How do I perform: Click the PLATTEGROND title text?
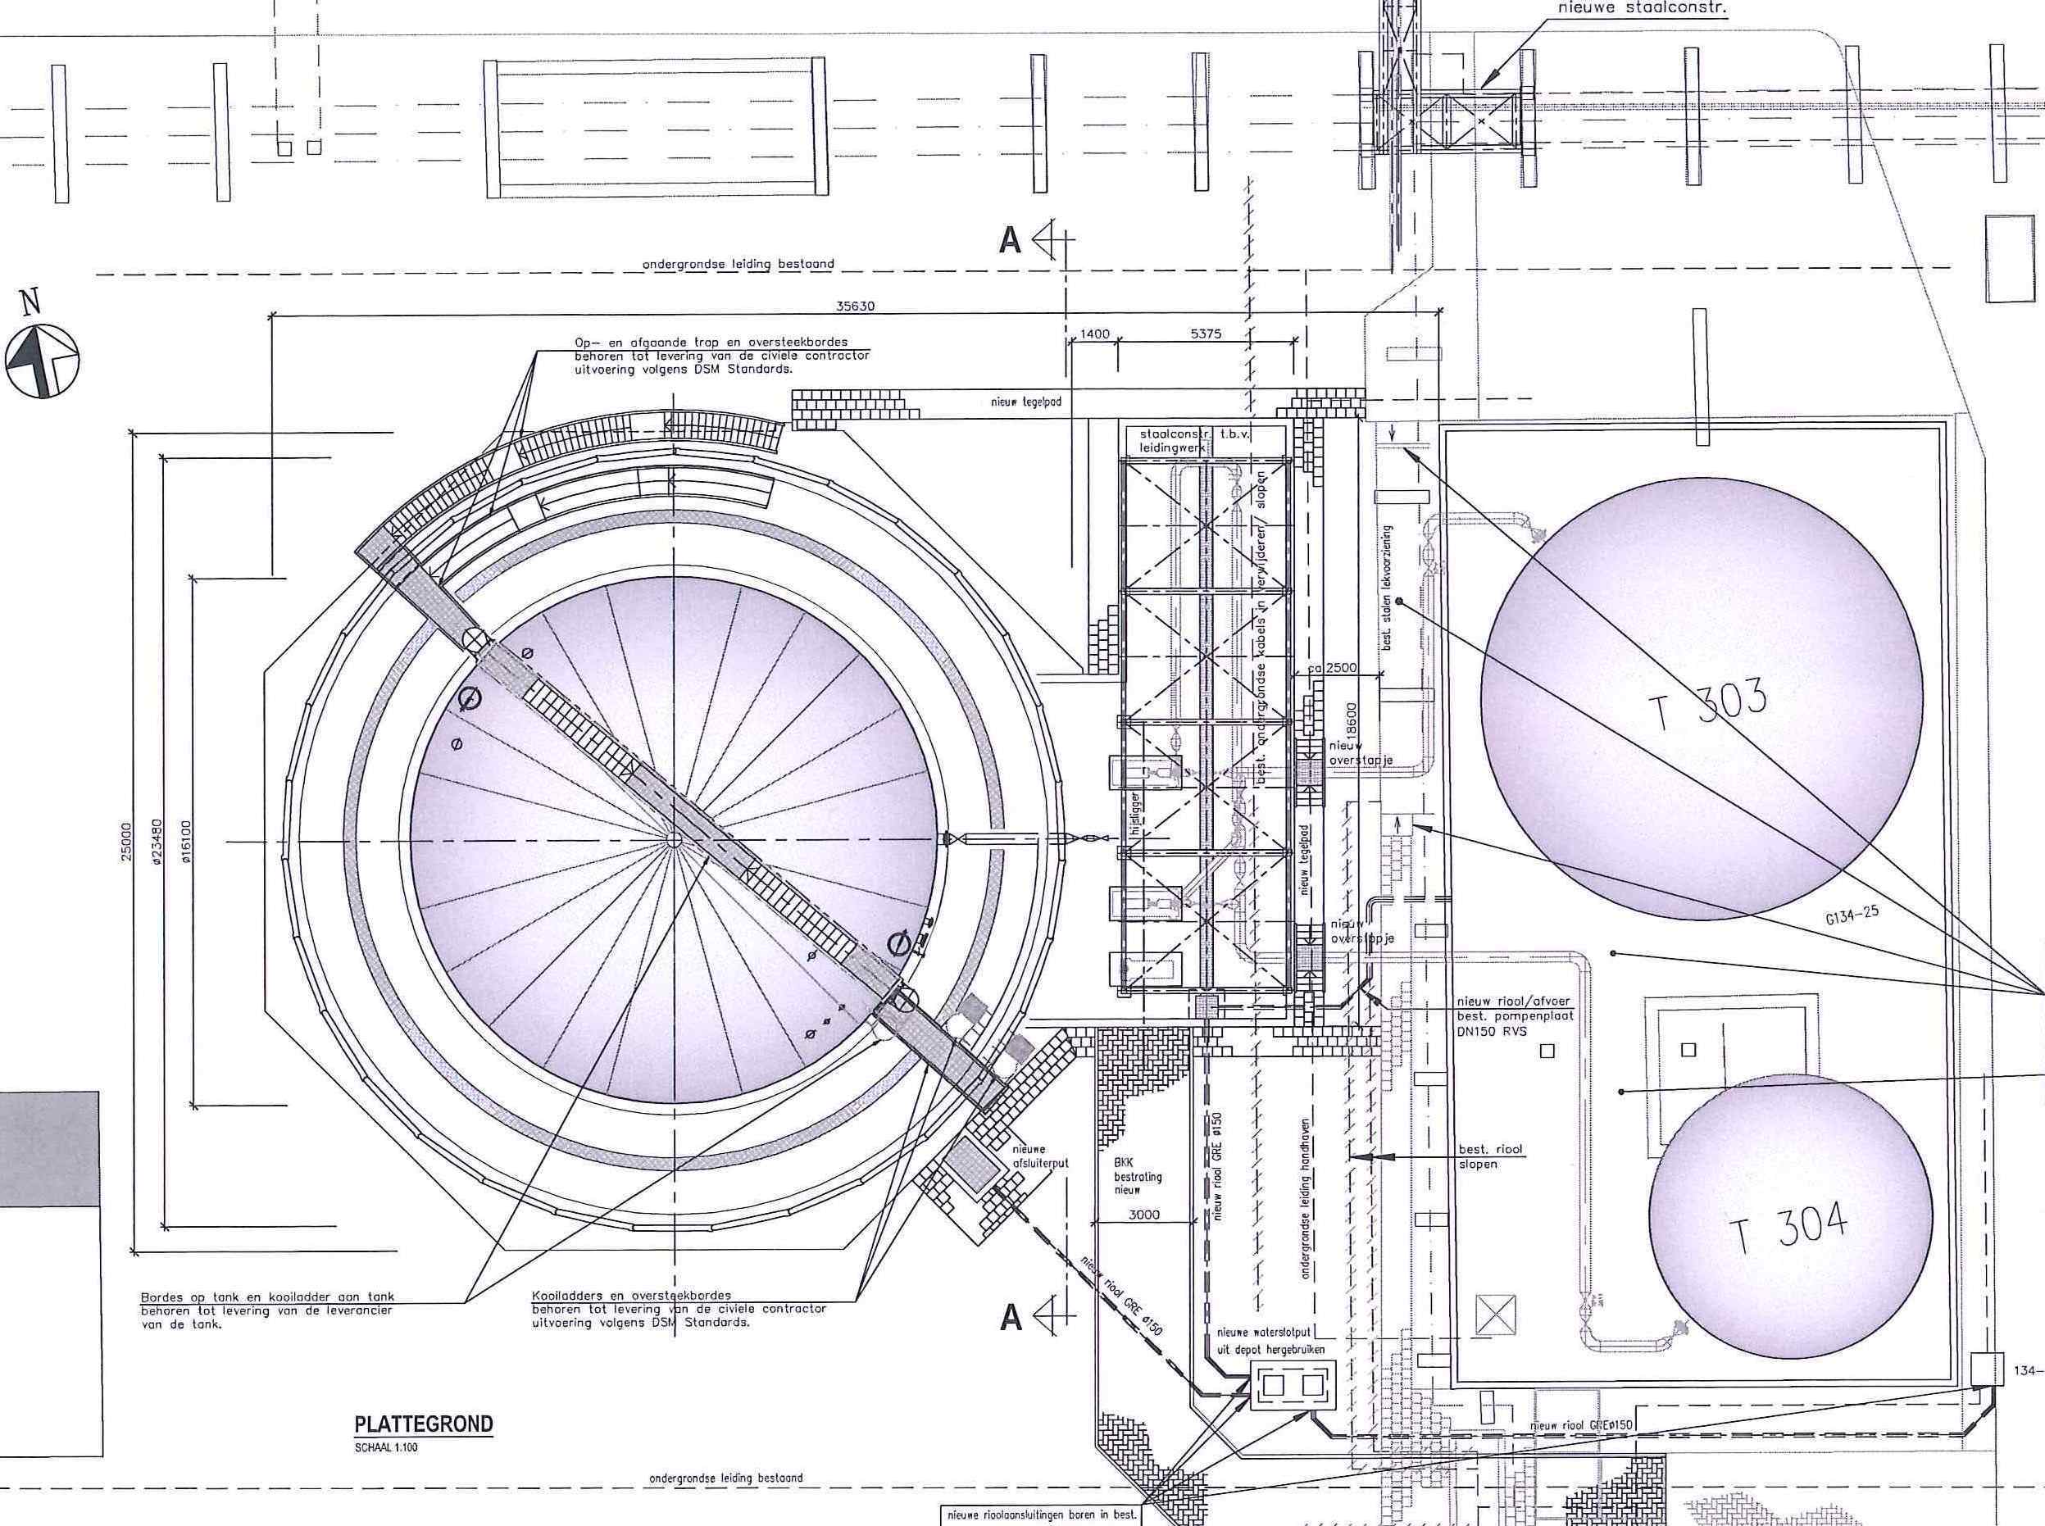424,1424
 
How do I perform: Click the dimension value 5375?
1206,334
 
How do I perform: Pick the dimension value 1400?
1093,334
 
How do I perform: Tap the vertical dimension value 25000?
126,842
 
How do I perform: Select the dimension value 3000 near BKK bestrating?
1143,1215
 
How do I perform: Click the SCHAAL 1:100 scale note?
385,1447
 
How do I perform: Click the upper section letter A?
1011,241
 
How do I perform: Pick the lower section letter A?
1011,1317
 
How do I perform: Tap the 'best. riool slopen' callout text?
1489,1156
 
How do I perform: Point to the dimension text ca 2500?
1332,668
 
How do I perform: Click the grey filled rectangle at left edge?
49,1148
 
